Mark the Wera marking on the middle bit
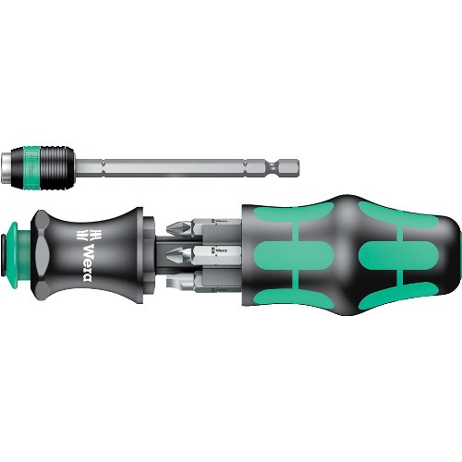point(221,249)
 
